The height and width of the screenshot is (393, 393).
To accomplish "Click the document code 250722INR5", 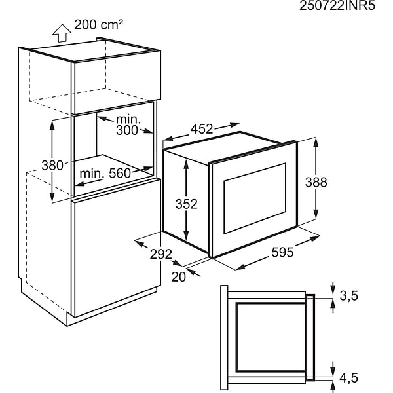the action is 337,5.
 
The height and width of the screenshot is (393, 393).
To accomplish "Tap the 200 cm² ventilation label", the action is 98,25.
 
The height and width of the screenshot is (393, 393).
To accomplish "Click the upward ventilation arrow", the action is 62,33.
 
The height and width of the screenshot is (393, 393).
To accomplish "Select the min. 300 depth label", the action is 128,125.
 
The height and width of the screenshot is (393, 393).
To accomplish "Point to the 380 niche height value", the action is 52,166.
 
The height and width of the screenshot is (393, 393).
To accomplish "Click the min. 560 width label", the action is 105,174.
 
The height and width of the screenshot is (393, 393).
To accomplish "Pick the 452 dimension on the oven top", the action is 202,129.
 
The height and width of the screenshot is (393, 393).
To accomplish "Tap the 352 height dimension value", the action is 187,204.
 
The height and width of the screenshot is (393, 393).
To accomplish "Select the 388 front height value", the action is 316,182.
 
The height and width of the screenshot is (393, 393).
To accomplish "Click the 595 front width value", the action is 282,252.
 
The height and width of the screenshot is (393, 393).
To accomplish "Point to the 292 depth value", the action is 161,254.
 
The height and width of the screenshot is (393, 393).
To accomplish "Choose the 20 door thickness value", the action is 178,277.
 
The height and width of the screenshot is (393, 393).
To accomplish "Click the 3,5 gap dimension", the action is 349,296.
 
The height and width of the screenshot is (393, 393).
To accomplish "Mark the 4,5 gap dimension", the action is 349,378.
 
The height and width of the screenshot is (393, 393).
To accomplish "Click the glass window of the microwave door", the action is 255,198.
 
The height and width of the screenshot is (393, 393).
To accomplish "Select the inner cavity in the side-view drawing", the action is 271,337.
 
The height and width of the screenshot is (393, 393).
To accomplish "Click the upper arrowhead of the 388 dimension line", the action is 316,142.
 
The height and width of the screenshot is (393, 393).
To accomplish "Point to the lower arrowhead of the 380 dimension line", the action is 52,197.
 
